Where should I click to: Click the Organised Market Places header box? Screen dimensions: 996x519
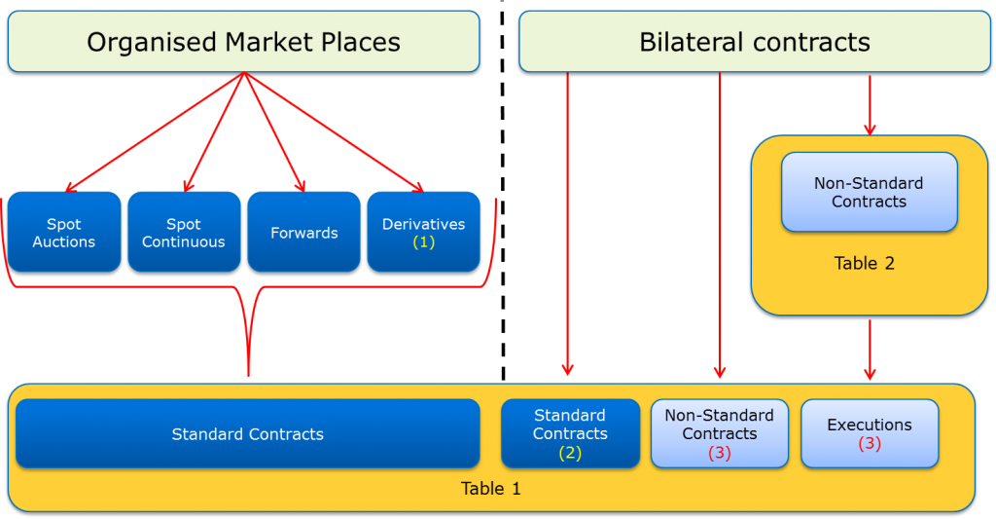[243, 41]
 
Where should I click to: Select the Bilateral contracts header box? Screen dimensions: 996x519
[754, 41]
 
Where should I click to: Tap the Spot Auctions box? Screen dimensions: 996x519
[64, 232]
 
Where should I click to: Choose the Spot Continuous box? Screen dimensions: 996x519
[184, 232]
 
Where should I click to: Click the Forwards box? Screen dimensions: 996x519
[303, 232]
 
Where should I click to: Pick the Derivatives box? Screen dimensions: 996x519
[424, 232]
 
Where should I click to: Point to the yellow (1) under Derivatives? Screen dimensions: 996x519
[424, 242]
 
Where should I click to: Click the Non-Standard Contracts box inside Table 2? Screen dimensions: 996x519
[869, 192]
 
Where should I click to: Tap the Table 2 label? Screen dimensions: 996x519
[865, 263]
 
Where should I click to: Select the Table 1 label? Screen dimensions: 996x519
[490, 489]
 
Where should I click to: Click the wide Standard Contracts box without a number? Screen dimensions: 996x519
[248, 433]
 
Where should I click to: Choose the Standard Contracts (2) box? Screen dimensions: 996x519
[570, 433]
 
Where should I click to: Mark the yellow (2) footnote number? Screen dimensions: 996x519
[570, 453]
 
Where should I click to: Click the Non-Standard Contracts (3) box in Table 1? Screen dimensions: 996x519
[720, 433]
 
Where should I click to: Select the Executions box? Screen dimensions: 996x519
[870, 433]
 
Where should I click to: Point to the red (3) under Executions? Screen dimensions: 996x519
[870, 443]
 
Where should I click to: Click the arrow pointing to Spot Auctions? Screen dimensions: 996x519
[155, 132]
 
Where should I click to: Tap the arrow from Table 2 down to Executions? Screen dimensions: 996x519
[870, 350]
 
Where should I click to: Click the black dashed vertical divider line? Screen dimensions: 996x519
[503, 191]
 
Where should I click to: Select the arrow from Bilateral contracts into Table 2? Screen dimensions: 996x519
[870, 105]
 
